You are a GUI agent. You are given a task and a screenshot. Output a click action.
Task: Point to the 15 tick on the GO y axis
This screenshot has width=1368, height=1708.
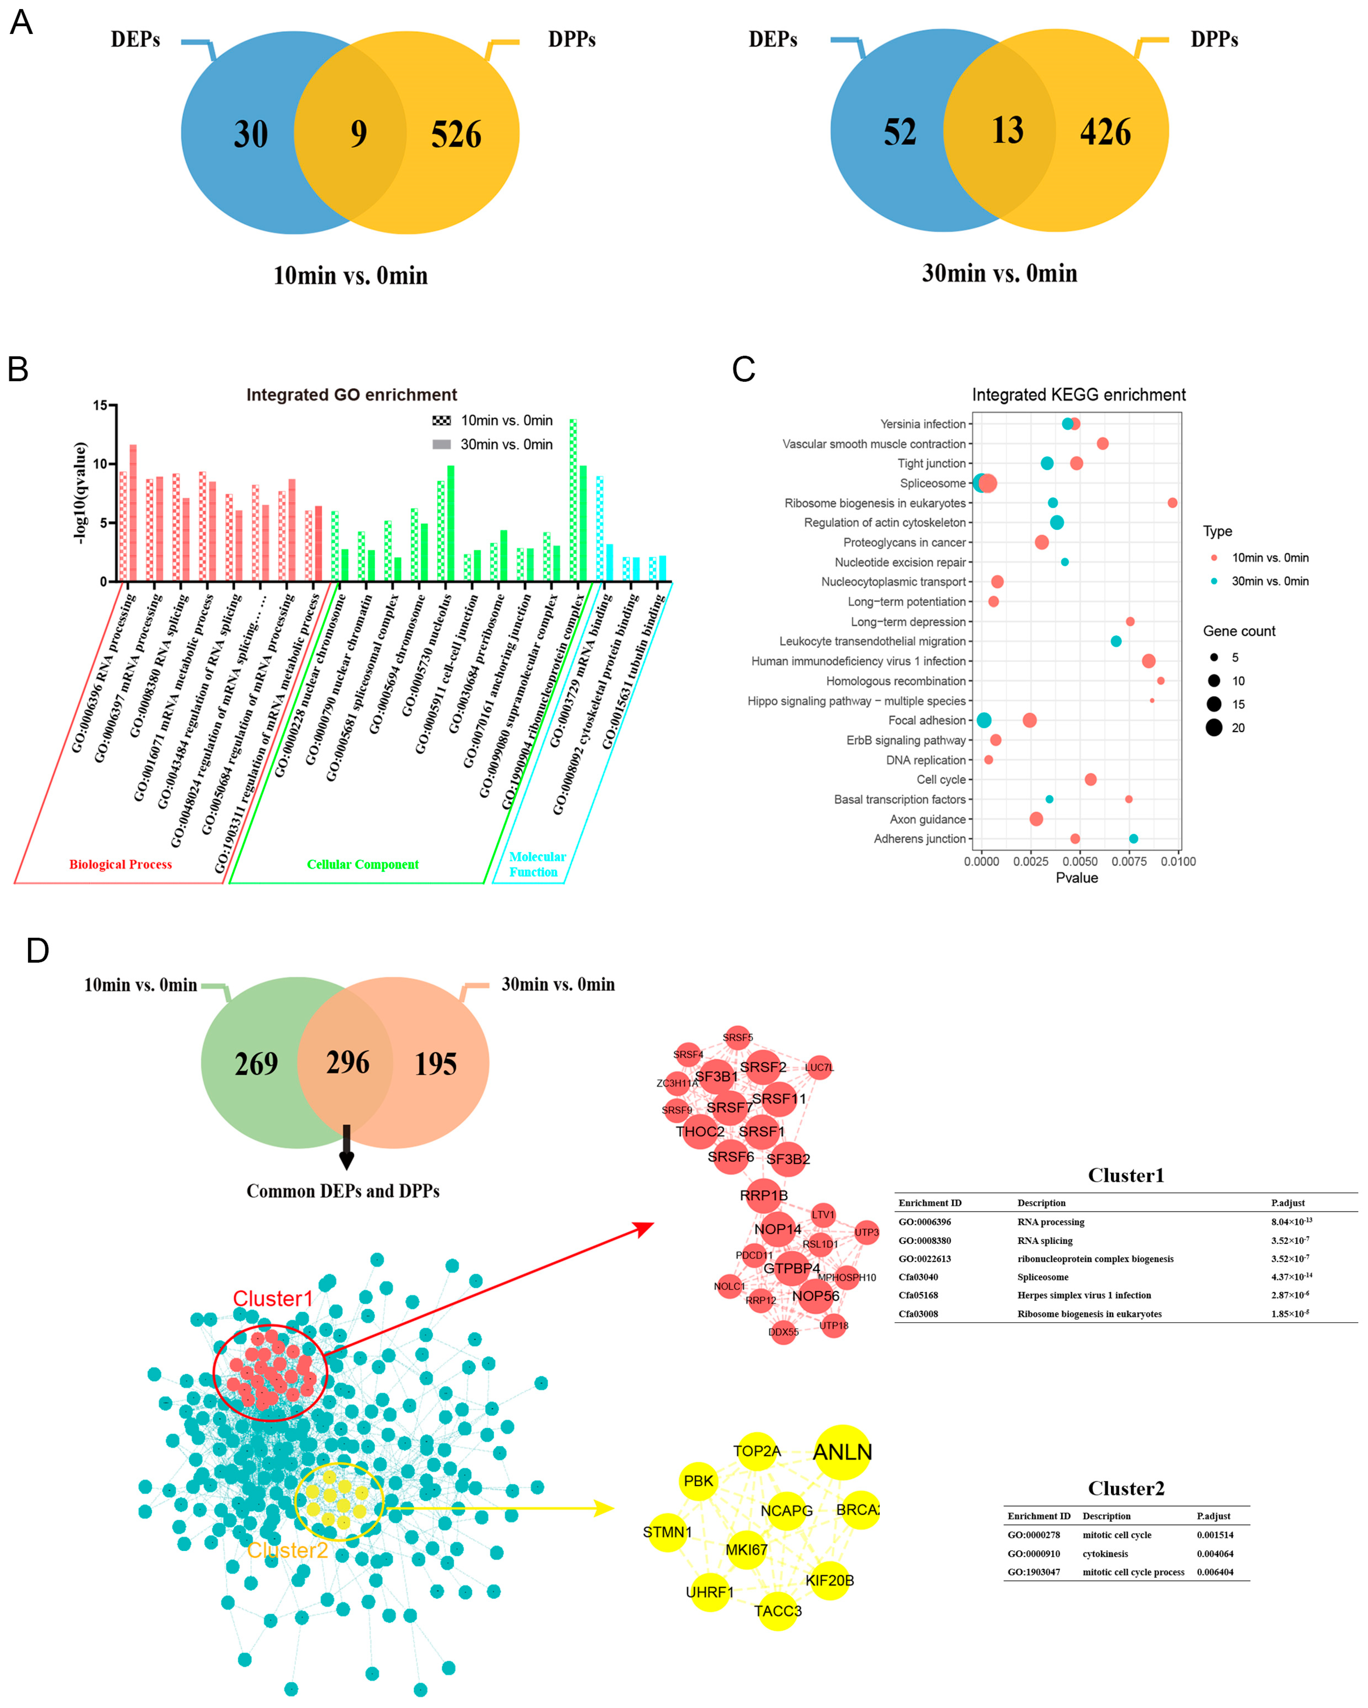click(100, 406)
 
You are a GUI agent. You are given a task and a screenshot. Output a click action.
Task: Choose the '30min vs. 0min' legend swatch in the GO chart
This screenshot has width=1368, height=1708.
click(441, 444)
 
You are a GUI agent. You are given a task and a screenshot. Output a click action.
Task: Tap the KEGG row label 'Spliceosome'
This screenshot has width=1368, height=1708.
click(932, 483)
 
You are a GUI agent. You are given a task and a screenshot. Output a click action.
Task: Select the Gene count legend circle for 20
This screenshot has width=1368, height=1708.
click(1214, 728)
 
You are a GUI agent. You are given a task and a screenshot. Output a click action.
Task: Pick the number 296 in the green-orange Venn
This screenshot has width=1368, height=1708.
click(348, 1062)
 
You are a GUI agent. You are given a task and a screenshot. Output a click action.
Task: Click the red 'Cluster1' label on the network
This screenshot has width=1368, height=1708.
click(272, 1298)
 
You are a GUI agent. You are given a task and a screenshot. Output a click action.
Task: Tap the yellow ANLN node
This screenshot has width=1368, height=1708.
click(842, 1452)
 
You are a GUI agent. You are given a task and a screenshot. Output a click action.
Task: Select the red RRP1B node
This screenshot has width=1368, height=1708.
click(764, 1195)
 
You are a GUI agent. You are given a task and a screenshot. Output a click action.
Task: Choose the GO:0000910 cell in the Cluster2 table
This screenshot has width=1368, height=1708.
click(1033, 1553)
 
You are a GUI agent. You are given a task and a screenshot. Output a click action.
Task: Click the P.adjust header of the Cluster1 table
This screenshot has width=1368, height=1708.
click(1287, 1203)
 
